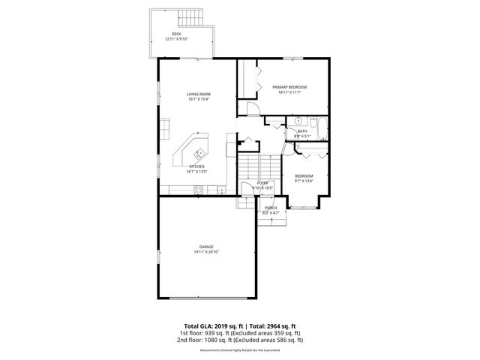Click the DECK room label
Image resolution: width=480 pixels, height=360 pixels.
[176, 34]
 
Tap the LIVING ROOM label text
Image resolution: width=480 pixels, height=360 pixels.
[199, 94]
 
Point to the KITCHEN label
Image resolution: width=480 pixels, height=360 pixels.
[197, 166]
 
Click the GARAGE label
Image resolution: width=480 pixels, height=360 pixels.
[206, 247]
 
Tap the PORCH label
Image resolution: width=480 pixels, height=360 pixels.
[271, 208]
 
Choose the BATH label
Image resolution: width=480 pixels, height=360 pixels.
[302, 131]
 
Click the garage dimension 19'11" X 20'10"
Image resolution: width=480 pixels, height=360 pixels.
[206, 252]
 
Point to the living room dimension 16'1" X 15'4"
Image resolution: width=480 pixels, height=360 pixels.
[199, 99]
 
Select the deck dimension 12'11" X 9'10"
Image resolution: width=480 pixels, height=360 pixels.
[176, 39]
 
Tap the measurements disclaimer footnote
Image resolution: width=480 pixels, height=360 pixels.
[240, 350]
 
